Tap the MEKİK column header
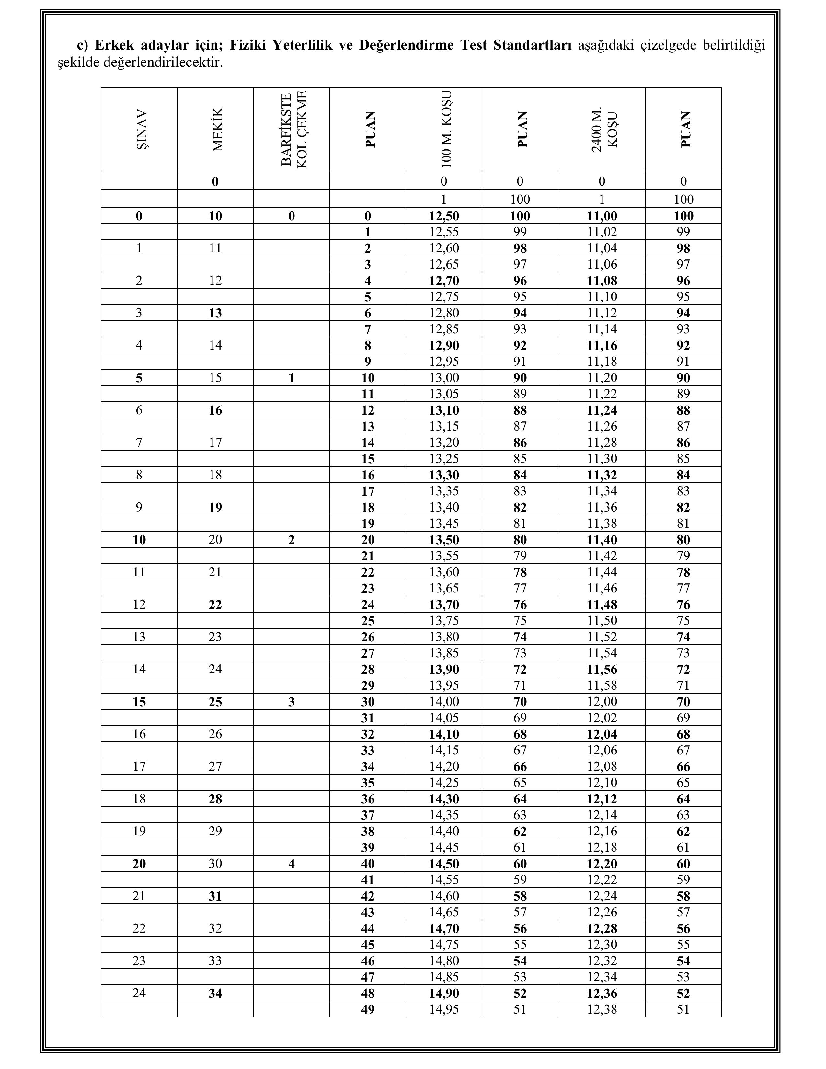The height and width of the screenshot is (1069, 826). click(216, 129)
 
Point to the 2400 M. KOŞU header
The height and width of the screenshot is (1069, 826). click(602, 129)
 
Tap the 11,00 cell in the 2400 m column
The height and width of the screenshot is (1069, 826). click(602, 216)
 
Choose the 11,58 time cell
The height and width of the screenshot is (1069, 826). click(602, 685)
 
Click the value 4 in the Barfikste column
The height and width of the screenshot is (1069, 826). click(292, 863)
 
